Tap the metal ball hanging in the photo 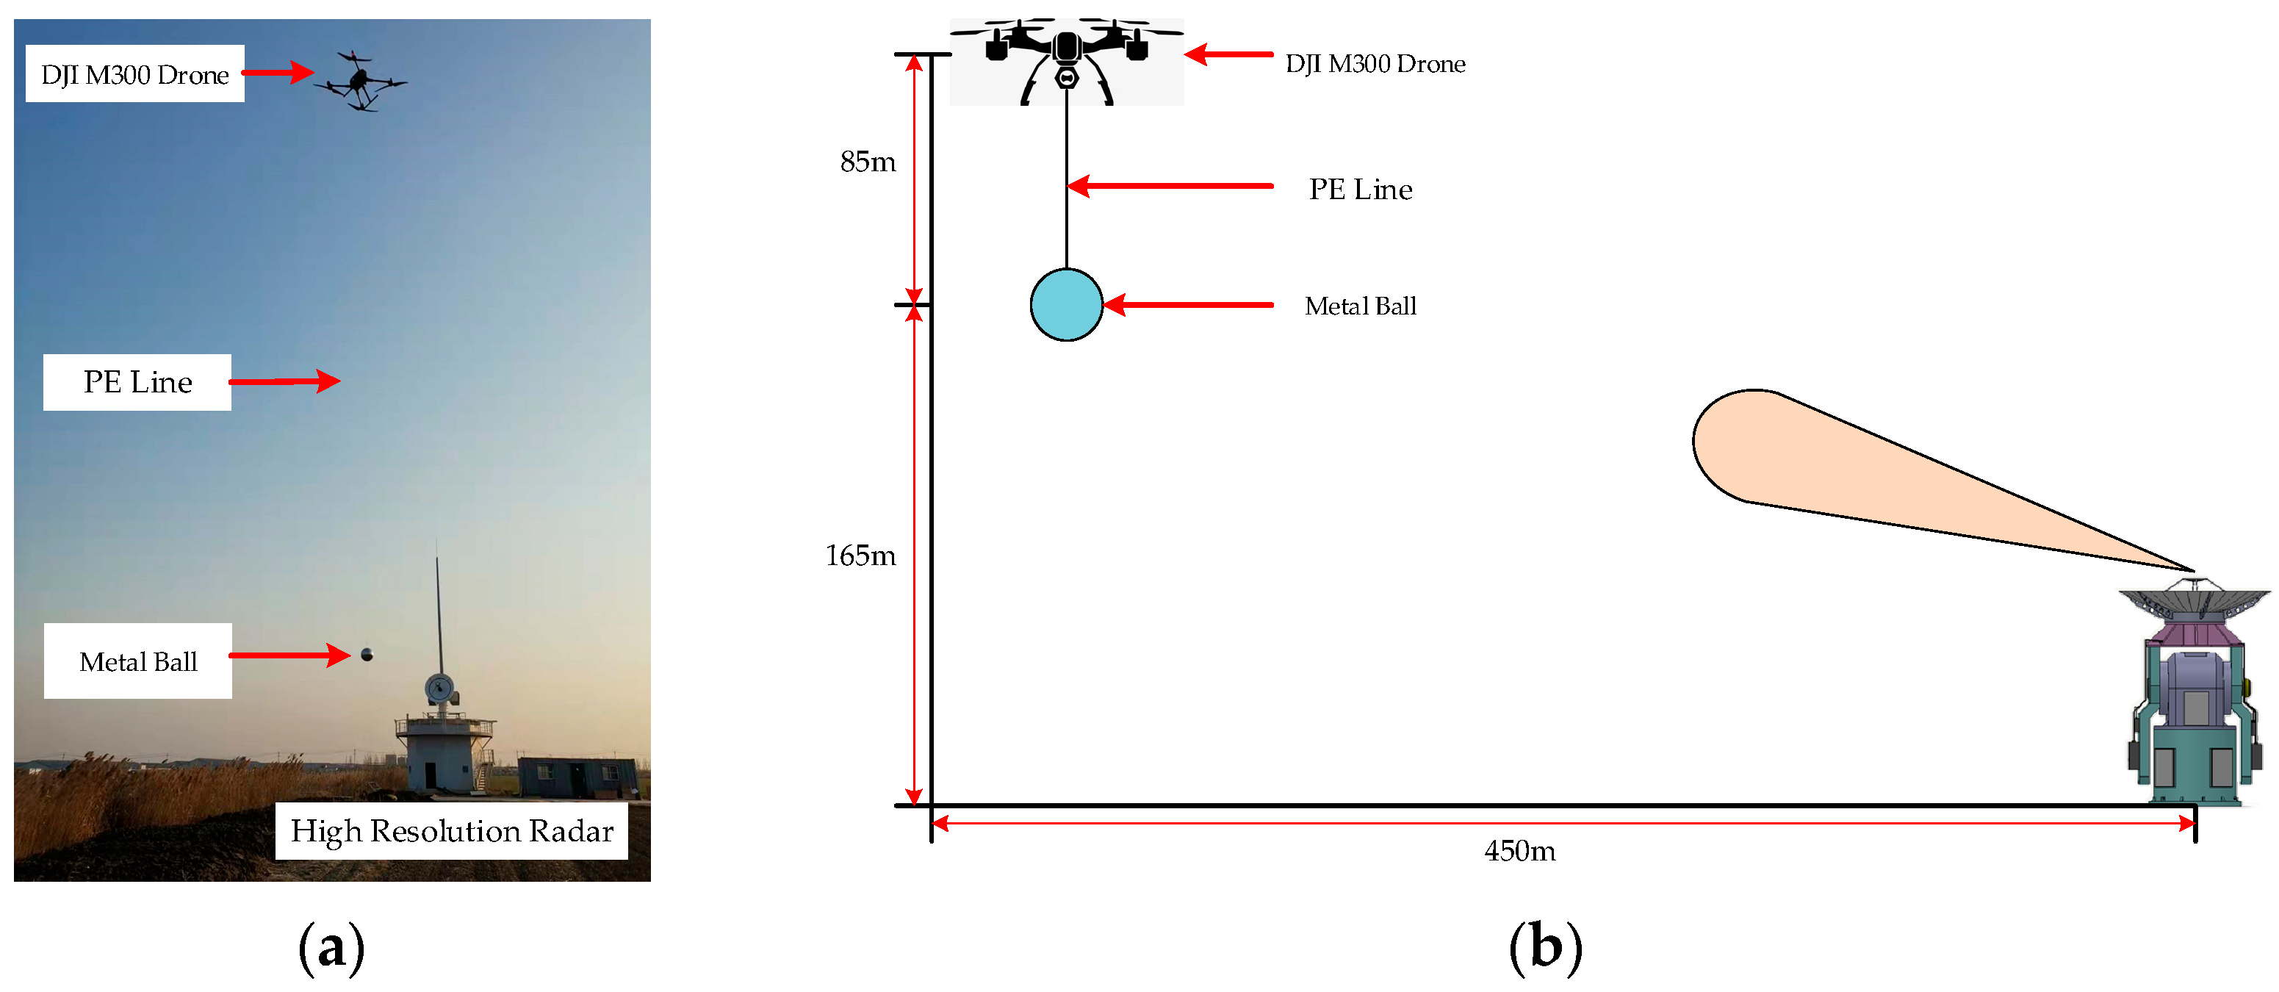click(x=367, y=655)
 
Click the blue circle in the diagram click(x=1066, y=304)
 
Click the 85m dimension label click(x=867, y=162)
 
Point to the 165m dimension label click(x=860, y=556)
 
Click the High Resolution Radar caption click(x=451, y=831)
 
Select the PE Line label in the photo click(x=137, y=382)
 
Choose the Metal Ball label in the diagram click(x=1360, y=306)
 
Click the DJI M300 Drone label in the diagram click(x=1375, y=64)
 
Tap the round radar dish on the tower click(x=439, y=688)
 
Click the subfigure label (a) click(x=331, y=949)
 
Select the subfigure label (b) click(x=1545, y=949)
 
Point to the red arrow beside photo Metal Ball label click(x=290, y=655)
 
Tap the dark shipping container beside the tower click(x=575, y=776)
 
